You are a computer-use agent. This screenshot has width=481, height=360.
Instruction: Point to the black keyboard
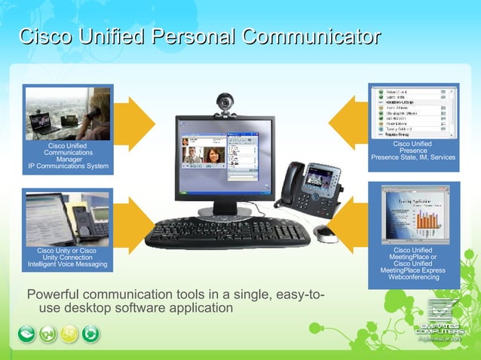point(227,233)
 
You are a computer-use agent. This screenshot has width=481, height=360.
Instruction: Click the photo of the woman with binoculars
point(68,113)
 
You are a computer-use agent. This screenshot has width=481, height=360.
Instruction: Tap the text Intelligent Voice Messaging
point(68,264)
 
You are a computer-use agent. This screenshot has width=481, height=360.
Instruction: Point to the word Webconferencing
point(413,277)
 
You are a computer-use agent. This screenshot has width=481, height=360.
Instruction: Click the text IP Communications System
point(68,166)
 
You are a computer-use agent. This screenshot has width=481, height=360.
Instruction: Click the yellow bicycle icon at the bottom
point(69,334)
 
